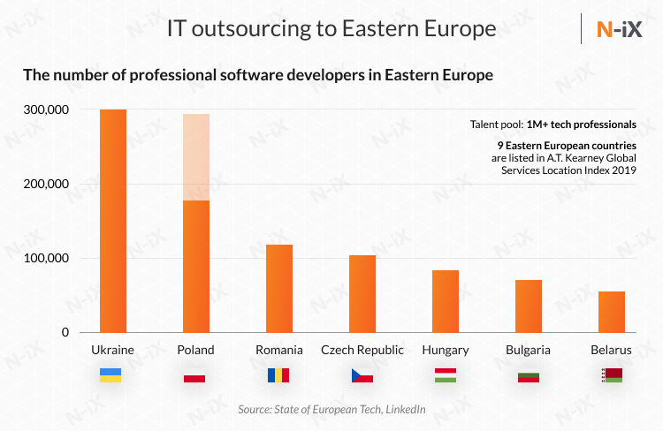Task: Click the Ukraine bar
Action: click(113, 221)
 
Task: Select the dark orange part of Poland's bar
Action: click(195, 266)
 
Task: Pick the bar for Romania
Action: click(279, 288)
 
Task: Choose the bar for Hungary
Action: click(446, 301)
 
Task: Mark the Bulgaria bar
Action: click(529, 306)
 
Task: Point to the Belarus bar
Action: click(612, 312)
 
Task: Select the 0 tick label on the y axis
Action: click(65, 332)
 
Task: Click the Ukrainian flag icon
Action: click(111, 375)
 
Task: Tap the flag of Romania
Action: click(278, 375)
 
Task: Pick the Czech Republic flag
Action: click(362, 375)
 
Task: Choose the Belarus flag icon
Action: click(612, 375)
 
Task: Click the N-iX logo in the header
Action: click(618, 29)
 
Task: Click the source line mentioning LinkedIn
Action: click(331, 410)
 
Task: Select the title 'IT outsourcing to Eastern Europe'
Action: click(331, 29)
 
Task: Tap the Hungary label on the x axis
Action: click(446, 350)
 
